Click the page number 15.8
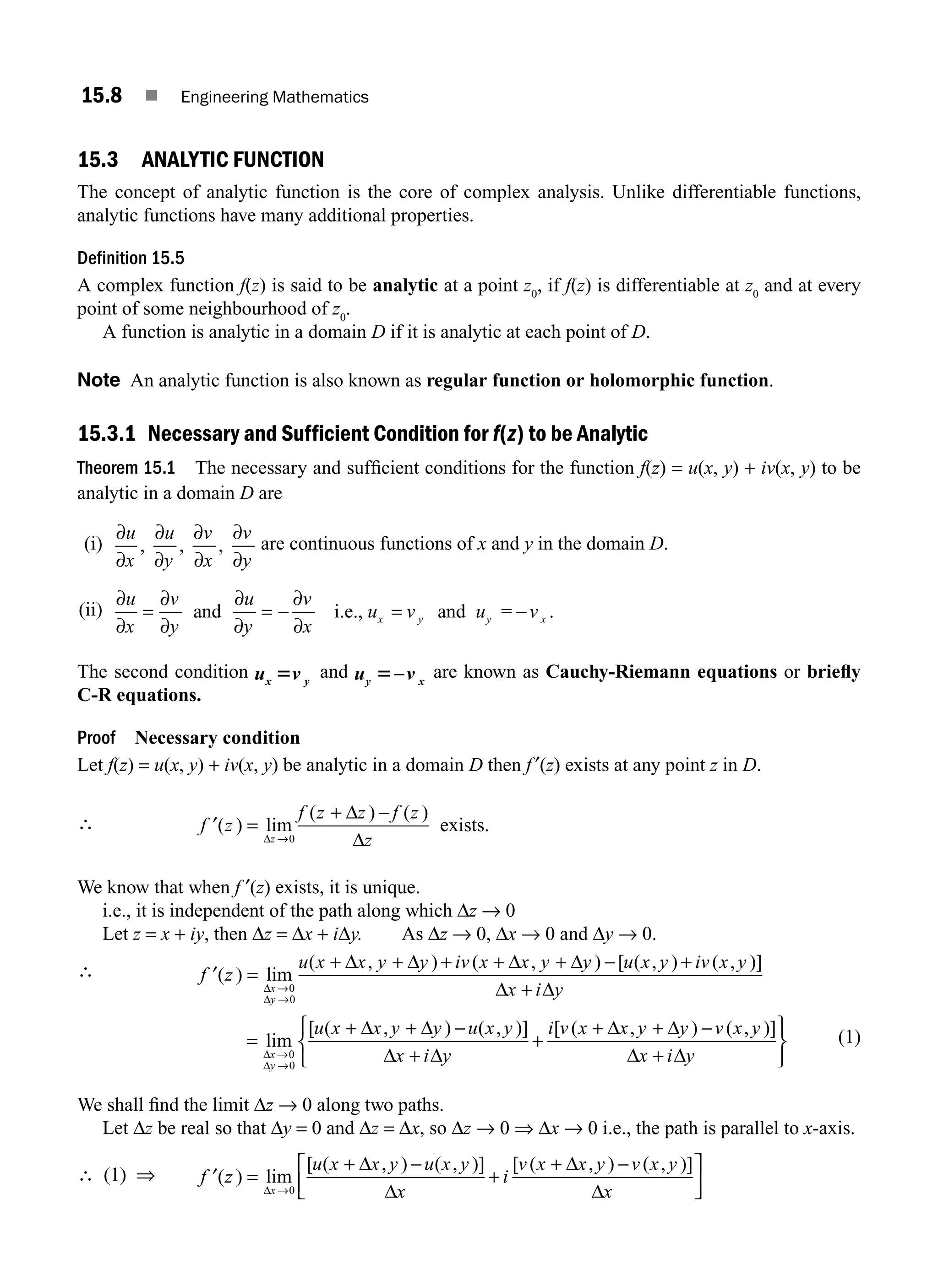102,95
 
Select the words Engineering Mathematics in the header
274,97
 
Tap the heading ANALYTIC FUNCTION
232,160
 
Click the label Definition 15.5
131,259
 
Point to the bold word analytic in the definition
405,286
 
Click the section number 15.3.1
106,434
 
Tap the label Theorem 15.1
126,468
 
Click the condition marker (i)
93,545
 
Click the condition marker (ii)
91,611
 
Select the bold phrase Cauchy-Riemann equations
661,672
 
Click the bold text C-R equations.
139,695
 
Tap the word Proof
96,738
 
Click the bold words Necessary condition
217,738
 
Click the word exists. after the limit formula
464,826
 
